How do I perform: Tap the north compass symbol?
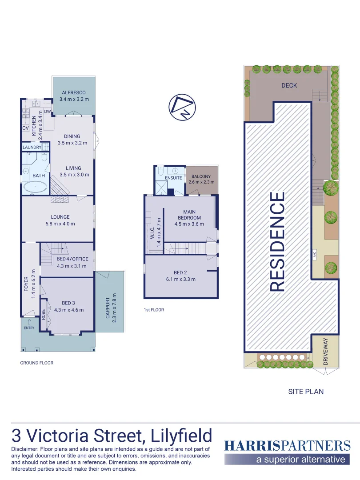click(x=183, y=107)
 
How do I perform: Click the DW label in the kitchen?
click(x=47, y=112)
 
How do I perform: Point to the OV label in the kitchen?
click(x=25, y=128)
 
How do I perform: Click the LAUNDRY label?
click(x=32, y=147)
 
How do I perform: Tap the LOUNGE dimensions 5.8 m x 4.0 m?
click(x=60, y=224)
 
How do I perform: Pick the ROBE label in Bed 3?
click(x=44, y=315)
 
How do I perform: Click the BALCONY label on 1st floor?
click(x=201, y=176)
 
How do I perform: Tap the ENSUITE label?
click(x=173, y=178)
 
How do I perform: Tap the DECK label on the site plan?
click(x=289, y=85)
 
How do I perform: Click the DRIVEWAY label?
click(x=325, y=352)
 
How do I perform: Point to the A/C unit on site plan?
click(x=314, y=255)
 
